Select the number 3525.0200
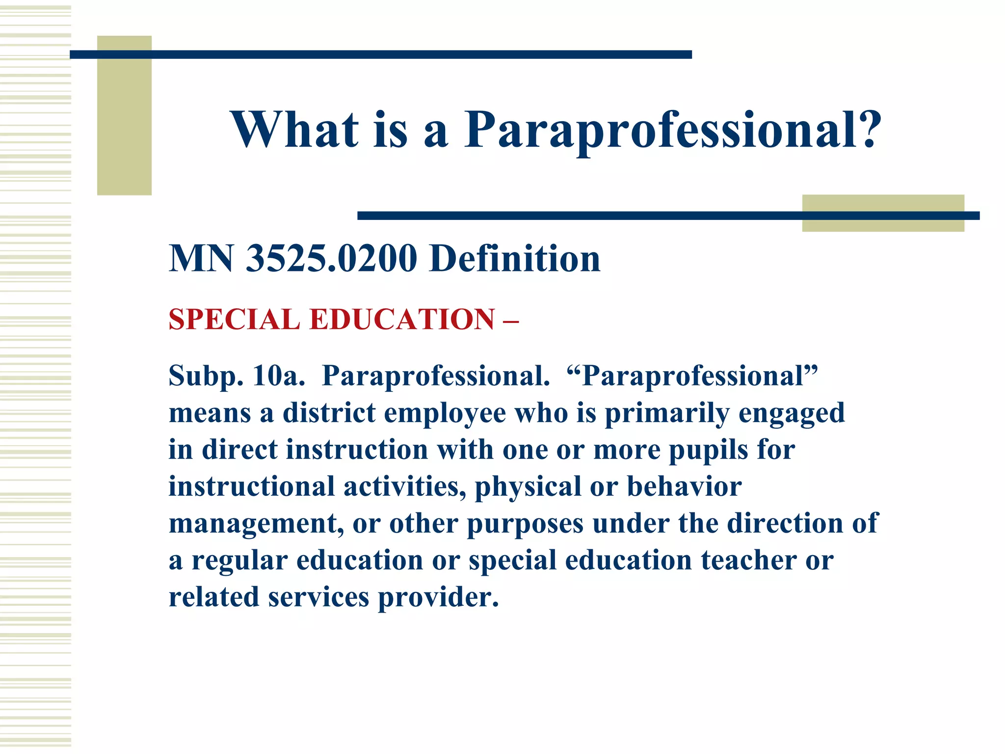point(331,258)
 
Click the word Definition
point(515,258)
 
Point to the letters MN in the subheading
point(201,258)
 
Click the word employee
point(445,414)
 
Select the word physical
point(528,487)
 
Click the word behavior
point(684,486)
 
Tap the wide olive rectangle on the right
point(883,213)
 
